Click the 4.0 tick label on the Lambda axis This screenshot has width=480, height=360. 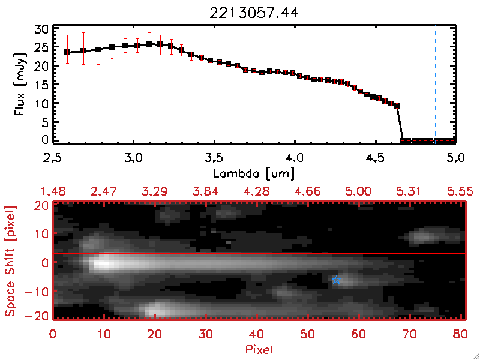point(295,158)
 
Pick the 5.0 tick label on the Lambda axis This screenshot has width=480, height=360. point(455,158)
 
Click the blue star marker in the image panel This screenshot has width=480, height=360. point(336,280)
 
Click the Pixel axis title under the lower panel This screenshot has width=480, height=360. point(259,349)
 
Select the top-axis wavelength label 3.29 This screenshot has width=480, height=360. point(155,191)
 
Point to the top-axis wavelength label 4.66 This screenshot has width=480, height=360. point(308,191)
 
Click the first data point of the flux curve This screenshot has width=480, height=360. point(67,52)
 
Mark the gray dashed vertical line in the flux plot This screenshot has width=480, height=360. point(435,84)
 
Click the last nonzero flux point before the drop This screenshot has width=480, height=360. point(397,106)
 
